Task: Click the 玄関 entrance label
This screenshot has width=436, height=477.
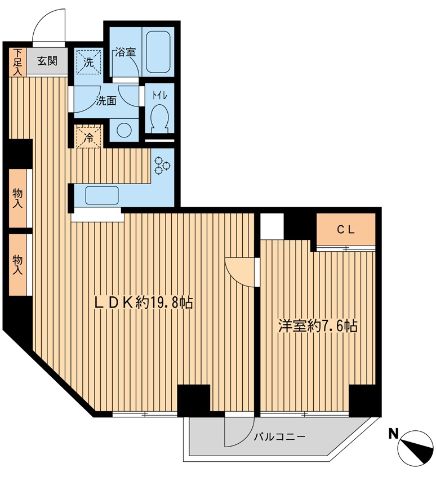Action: click(x=47, y=61)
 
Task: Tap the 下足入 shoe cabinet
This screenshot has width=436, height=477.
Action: click(x=17, y=62)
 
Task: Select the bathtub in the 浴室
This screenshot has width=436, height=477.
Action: click(x=158, y=52)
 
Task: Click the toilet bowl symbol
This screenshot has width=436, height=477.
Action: click(x=159, y=118)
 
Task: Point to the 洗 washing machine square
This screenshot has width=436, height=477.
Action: click(x=88, y=61)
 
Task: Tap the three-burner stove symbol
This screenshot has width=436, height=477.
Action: click(x=162, y=166)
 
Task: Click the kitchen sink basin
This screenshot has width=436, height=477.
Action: click(x=102, y=195)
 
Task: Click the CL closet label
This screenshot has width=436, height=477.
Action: click(x=346, y=230)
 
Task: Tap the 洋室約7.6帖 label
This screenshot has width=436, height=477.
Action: click(x=318, y=326)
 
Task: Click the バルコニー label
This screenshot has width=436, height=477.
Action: click(x=279, y=437)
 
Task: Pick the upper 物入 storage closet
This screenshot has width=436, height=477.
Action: click(x=18, y=198)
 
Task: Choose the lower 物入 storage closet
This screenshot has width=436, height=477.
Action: click(x=18, y=265)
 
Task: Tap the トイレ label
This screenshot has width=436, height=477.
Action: click(x=160, y=95)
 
